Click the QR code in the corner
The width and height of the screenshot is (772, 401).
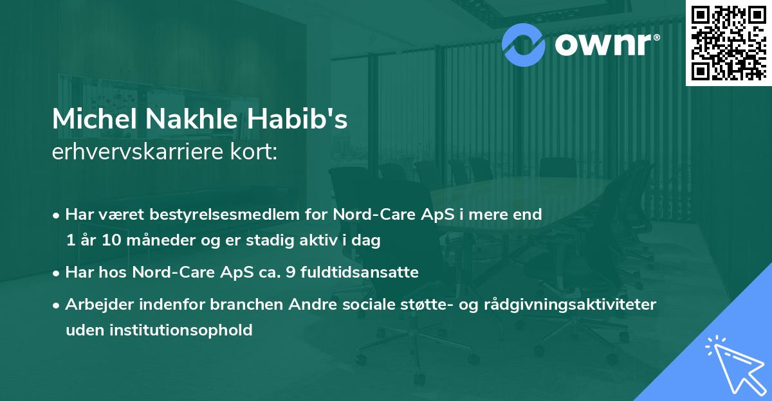[729, 42]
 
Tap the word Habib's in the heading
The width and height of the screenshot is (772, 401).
[310, 120]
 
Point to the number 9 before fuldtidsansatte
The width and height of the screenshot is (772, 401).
[300, 272]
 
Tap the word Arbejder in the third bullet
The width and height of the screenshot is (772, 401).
[95, 304]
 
